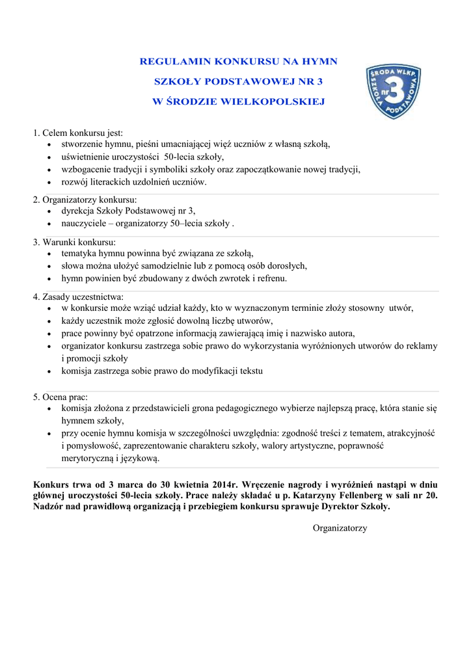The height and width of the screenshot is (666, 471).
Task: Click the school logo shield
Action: [393, 92]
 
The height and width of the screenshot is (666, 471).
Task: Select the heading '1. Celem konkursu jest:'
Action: [77, 133]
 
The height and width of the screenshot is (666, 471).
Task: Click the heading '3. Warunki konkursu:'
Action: [74, 242]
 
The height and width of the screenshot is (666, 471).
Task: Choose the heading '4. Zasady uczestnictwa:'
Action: [78, 297]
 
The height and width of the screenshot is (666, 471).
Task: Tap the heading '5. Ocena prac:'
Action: [61, 397]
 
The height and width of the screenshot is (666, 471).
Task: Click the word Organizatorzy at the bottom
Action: [340, 528]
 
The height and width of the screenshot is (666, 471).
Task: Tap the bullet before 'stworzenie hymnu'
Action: [51, 145]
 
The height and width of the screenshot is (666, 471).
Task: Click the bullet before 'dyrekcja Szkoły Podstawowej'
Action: [51, 211]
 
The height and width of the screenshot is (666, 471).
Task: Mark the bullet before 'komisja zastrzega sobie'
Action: [51, 371]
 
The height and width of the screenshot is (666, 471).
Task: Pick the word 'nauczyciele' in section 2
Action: [83, 224]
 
